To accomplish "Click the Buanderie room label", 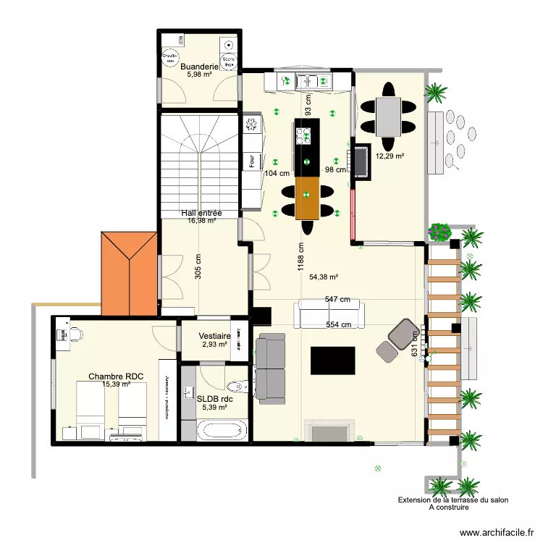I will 199,66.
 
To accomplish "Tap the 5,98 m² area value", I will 199,74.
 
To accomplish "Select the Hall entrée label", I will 201,213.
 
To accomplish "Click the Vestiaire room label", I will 214,336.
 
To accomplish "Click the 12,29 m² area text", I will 390,156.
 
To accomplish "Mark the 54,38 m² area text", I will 324,277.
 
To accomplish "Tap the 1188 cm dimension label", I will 300,256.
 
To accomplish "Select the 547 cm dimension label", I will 337,299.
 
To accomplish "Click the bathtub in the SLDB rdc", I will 223,432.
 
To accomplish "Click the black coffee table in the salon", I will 332,360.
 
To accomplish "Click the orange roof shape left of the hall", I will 130,273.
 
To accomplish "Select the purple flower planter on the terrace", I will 439,232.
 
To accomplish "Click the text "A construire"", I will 449,508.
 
